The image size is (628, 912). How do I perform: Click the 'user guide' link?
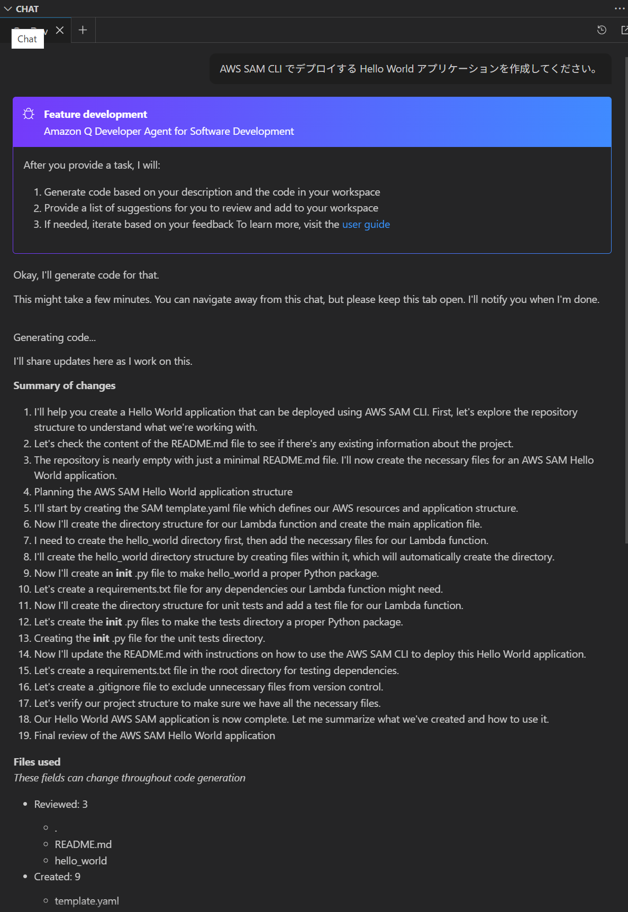coord(366,224)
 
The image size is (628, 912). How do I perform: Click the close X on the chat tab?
coord(60,30)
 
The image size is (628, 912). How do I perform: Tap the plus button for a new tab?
coord(83,30)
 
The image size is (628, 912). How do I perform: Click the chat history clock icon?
coord(602,30)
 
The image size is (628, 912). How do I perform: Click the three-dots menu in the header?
coord(620,8)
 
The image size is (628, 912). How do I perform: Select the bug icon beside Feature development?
coord(29,114)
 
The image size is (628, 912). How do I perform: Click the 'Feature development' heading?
coord(95,114)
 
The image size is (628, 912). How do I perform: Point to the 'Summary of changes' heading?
coord(64,385)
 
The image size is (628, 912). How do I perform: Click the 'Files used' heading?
coord(37,762)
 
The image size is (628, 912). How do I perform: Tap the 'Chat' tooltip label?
coord(28,39)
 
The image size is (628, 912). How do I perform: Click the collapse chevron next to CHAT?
coord(8,9)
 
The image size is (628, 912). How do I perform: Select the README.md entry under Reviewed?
coord(83,844)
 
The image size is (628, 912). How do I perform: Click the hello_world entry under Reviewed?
coord(80,861)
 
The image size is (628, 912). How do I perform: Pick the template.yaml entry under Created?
coord(87,901)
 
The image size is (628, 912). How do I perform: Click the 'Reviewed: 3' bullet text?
coord(61,804)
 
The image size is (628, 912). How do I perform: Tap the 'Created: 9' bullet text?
coord(57,877)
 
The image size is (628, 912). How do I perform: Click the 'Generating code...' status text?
coord(54,337)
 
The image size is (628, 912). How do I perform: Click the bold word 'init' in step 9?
coord(124,573)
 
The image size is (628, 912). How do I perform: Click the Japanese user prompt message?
coord(410,69)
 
